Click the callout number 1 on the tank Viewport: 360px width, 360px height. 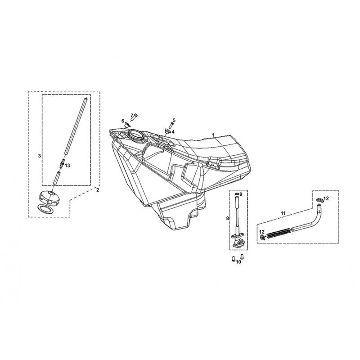pyautogui.click(x=213, y=135)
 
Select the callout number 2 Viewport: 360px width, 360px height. pyautogui.click(x=98, y=190)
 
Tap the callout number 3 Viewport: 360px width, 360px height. pyautogui.click(x=40, y=156)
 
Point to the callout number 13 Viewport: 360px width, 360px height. pyautogui.click(x=67, y=166)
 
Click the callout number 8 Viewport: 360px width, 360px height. pyautogui.click(x=228, y=218)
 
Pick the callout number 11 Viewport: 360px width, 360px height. pyautogui.click(x=283, y=213)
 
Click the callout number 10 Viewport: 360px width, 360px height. pyautogui.click(x=238, y=262)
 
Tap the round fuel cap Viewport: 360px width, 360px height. pyautogui.click(x=49, y=197)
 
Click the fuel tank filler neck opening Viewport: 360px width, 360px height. pyautogui.click(x=135, y=134)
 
